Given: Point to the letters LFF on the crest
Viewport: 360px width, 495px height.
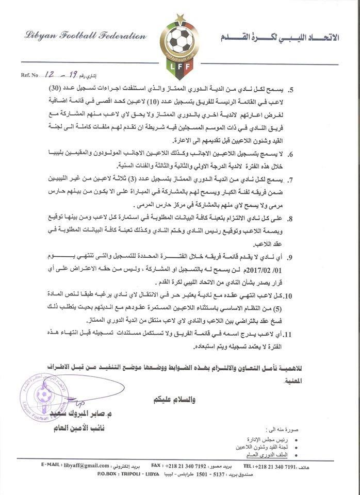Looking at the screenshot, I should pos(180,67).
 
